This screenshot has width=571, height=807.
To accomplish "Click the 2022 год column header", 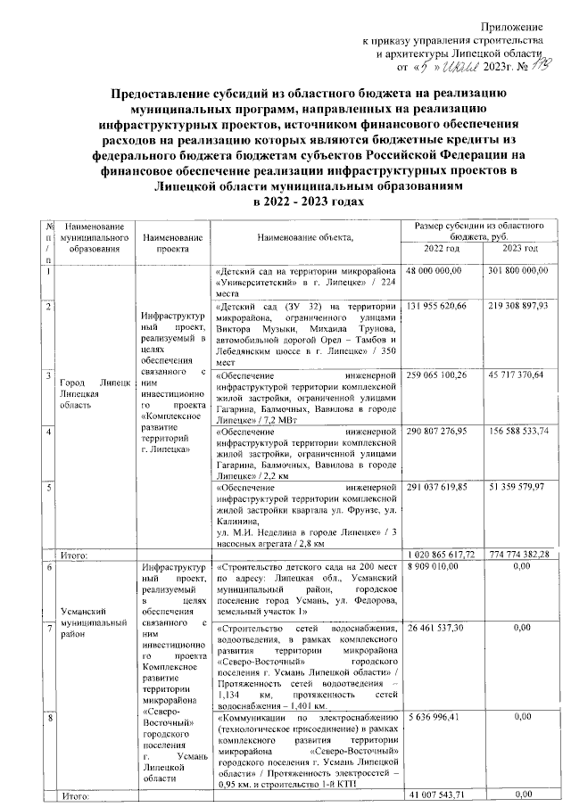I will [440, 247].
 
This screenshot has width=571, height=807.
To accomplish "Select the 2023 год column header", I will [518, 247].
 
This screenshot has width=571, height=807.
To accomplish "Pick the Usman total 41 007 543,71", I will [440, 795].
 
